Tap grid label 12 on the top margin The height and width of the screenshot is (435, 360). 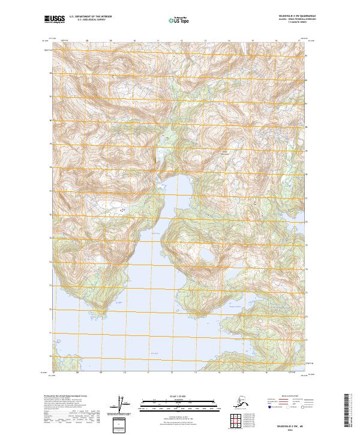click(x=181, y=42)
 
